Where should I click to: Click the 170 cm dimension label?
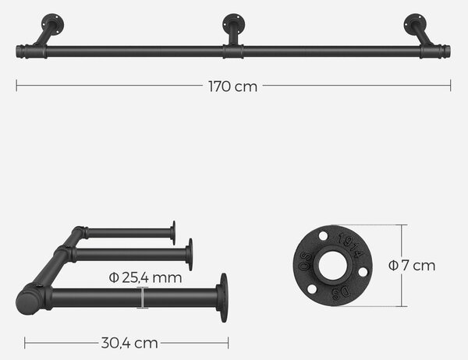(232, 86)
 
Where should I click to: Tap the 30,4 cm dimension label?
(129, 343)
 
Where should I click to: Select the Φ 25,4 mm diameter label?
(145, 277)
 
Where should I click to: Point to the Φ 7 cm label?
(412, 266)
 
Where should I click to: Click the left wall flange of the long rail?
(52, 24)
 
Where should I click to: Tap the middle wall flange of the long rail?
(234, 24)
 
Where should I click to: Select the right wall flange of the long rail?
(415, 24)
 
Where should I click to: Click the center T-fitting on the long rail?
(233, 51)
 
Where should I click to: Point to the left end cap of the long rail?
(19, 51)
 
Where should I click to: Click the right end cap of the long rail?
(447, 51)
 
